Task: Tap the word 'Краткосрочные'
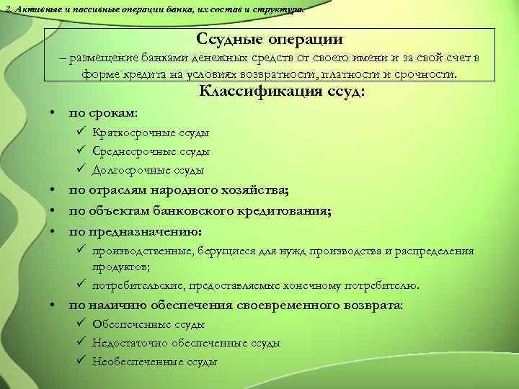click(x=127, y=133)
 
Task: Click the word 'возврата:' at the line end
click(x=377, y=305)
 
